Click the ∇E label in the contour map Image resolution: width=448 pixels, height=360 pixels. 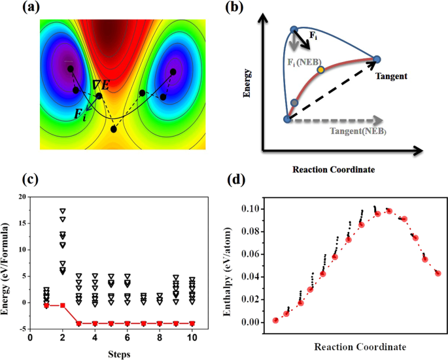(101, 84)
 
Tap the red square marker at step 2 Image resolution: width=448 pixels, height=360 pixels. (62, 305)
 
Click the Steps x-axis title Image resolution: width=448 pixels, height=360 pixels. (118, 354)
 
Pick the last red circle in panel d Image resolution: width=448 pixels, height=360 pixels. (438, 273)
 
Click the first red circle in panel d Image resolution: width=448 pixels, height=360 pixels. (275, 320)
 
